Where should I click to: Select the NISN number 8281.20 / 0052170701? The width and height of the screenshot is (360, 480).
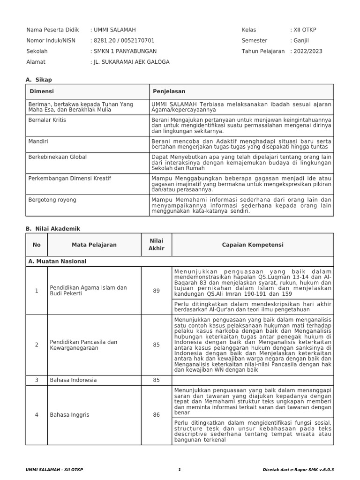pyautogui.click(x=124, y=41)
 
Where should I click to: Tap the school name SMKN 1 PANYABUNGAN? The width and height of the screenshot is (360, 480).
pyautogui.click(x=125, y=52)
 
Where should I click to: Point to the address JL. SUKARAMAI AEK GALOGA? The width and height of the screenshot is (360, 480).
pyautogui.click(x=131, y=62)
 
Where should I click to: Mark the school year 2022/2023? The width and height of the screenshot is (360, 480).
pyautogui.click(x=308, y=52)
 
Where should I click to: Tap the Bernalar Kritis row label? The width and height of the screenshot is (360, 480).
pyautogui.click(x=47, y=120)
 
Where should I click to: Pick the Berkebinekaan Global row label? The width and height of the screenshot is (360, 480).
pyautogui.click(x=58, y=157)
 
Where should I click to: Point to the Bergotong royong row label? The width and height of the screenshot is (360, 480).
pyautogui.click(x=52, y=200)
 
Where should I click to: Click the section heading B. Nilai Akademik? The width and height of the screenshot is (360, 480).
pyautogui.click(x=53, y=229)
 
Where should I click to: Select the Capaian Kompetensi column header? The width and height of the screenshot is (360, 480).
pyautogui.click(x=253, y=245)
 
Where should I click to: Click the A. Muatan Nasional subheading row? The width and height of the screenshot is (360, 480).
pyautogui.click(x=58, y=261)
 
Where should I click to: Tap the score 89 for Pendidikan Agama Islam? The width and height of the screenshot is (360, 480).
pyautogui.click(x=156, y=291)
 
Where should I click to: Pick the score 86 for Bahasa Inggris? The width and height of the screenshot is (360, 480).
pyautogui.click(x=156, y=415)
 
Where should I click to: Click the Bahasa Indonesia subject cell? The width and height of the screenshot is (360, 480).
pyautogui.click(x=74, y=380)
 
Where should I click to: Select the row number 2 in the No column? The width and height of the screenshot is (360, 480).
pyautogui.click(x=37, y=345)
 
